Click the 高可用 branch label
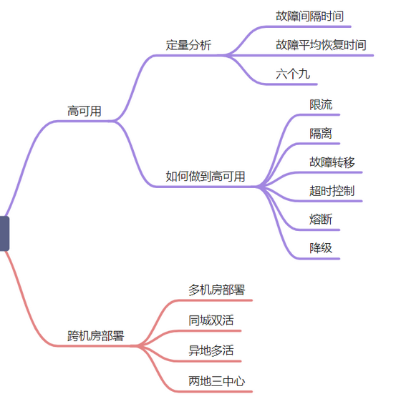[84, 112]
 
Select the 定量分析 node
[188, 45]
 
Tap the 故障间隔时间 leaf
[309, 16]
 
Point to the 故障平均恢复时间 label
[321, 45]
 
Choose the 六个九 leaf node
[293, 74]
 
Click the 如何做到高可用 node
[205, 177]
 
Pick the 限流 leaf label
[321, 104]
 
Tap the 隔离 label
[321, 133]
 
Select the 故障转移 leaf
[332, 162]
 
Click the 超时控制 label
[332, 191]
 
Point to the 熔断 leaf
[321, 220]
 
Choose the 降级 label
[321, 248]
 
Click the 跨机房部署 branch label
[95, 336]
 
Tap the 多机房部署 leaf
[216, 290]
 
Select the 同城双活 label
[211, 320]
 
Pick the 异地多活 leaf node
[211, 350]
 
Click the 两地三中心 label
[216, 381]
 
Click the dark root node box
[4, 234]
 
